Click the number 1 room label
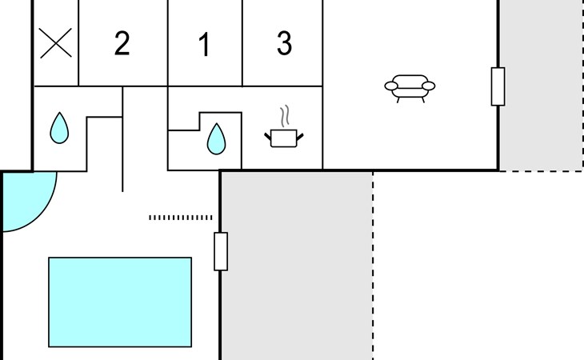pyautogui.click(x=204, y=46)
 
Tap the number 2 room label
pyautogui.click(x=122, y=44)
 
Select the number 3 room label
pyautogui.click(x=284, y=44)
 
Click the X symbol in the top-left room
pyautogui.click(x=56, y=44)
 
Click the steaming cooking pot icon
pyautogui.click(x=284, y=138)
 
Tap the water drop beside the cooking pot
pyautogui.click(x=216, y=138)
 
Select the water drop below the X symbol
pyautogui.click(x=59, y=128)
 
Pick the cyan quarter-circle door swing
pyautogui.click(x=24, y=198)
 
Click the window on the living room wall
pyautogui.click(x=498, y=86)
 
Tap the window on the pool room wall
pyautogui.click(x=221, y=251)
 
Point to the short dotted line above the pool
pyautogui.click(x=181, y=217)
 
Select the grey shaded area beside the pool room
pyautogui.click(x=296, y=264)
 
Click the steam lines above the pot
pyautogui.click(x=284, y=116)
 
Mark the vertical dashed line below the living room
pyautogui.click(x=373, y=264)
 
